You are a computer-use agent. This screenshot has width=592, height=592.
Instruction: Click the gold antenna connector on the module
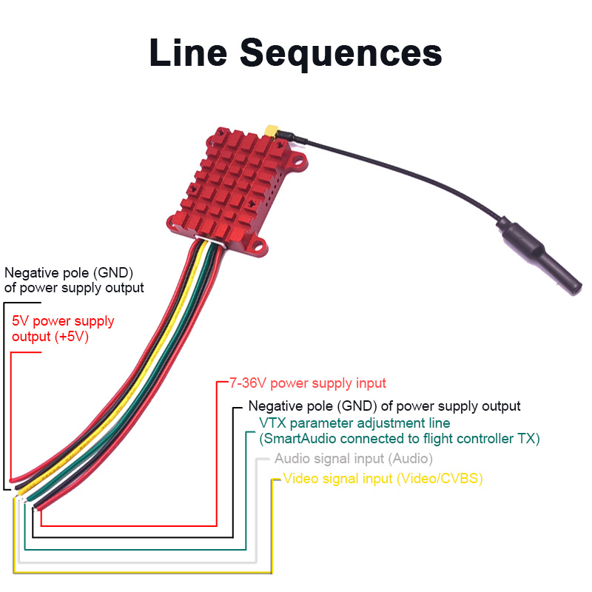[x=273, y=133]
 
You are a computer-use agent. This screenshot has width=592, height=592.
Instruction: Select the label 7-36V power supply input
[x=308, y=383]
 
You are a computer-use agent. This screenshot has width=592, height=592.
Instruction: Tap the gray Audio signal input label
[x=353, y=459]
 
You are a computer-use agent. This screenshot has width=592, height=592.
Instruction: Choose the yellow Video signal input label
[x=383, y=479]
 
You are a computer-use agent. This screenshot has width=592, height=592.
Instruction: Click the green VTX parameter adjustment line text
[x=354, y=423]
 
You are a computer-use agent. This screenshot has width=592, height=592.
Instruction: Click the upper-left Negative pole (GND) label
[x=74, y=279]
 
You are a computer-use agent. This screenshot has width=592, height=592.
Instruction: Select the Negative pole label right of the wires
[x=384, y=406]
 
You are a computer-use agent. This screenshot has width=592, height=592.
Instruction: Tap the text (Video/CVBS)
[x=440, y=479]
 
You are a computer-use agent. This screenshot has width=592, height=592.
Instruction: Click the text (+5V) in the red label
[x=73, y=337]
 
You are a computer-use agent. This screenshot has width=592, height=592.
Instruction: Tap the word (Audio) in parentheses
[x=410, y=459]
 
